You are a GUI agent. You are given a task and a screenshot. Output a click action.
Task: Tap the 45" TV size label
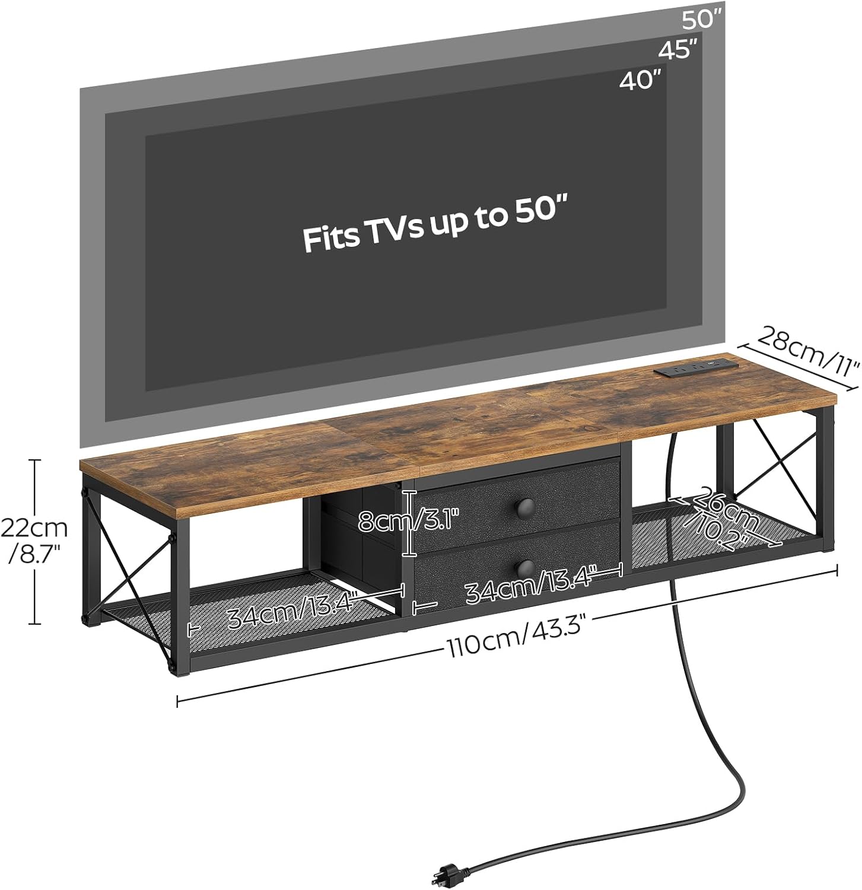pos(677,50)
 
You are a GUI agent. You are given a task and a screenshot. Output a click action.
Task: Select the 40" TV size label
pos(640,80)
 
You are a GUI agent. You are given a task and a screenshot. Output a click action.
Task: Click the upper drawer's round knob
pos(526,507)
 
